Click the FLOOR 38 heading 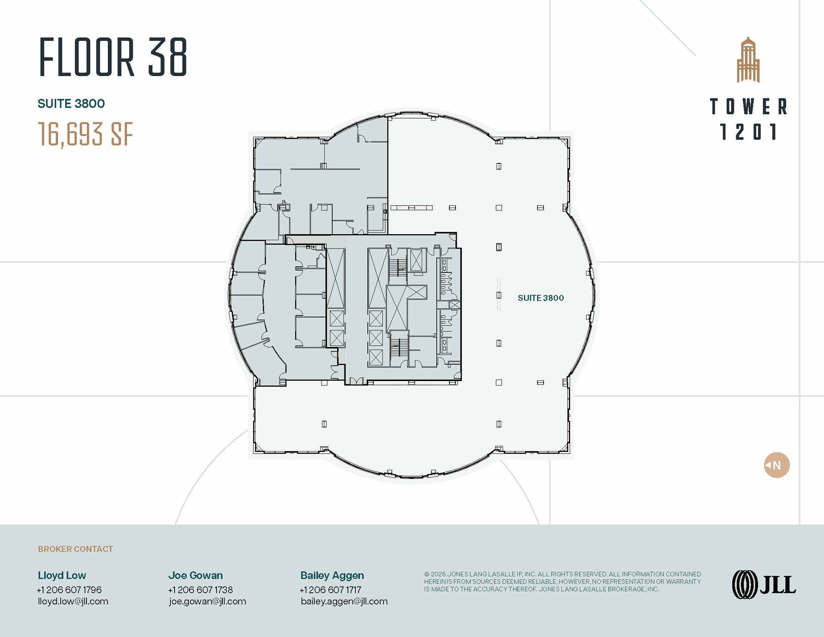pos(113,57)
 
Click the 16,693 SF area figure pos(85,134)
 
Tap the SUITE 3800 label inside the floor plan pos(540,298)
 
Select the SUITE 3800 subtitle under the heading pos(71,104)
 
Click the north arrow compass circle pos(777,465)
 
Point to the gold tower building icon pos(748,60)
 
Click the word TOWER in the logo pos(748,107)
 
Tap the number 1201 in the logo pos(748,132)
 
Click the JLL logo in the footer pos(764,584)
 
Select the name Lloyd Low pos(62,575)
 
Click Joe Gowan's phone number pos(200,590)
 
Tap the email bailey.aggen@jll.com pos(344,602)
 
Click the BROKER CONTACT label pos(75,549)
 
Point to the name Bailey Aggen pos(332,575)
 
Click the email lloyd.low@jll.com pos(73,602)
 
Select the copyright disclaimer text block pos(562,581)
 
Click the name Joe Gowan pos(195,575)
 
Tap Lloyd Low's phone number pos(69,590)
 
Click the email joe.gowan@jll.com pos(207,602)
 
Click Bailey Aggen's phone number pos(330,590)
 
